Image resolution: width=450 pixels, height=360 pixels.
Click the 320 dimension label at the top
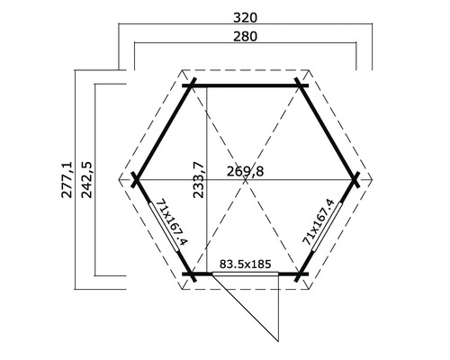click(x=246, y=15)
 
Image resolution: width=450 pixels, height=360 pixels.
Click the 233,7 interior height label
click(x=200, y=180)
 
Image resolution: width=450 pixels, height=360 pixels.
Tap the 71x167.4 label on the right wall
click(x=319, y=222)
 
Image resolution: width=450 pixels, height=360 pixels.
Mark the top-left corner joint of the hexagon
click(x=190, y=85)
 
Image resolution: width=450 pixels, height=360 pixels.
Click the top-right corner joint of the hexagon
click(x=302, y=85)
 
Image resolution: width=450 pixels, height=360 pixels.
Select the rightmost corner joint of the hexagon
click(x=357, y=179)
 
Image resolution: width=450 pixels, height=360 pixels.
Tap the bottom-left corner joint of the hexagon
click(x=190, y=273)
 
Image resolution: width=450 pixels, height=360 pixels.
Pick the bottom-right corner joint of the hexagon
click(x=302, y=273)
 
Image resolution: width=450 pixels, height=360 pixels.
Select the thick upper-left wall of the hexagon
click(x=163, y=132)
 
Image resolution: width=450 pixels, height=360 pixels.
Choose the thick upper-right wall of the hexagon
click(x=329, y=132)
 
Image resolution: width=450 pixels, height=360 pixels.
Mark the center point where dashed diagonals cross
click(x=246, y=179)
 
